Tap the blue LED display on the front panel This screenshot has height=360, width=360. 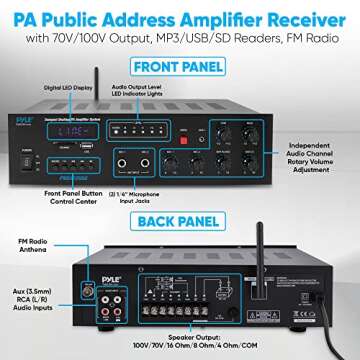tap(76, 130)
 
